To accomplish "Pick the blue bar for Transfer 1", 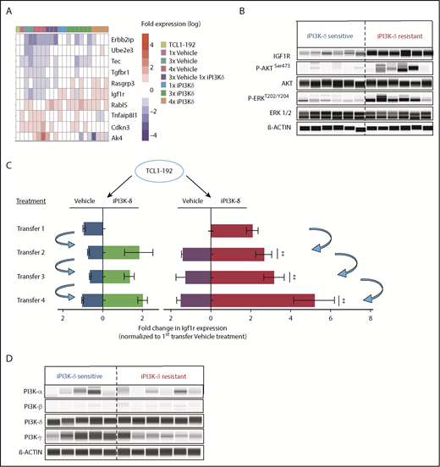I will click(92, 228).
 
